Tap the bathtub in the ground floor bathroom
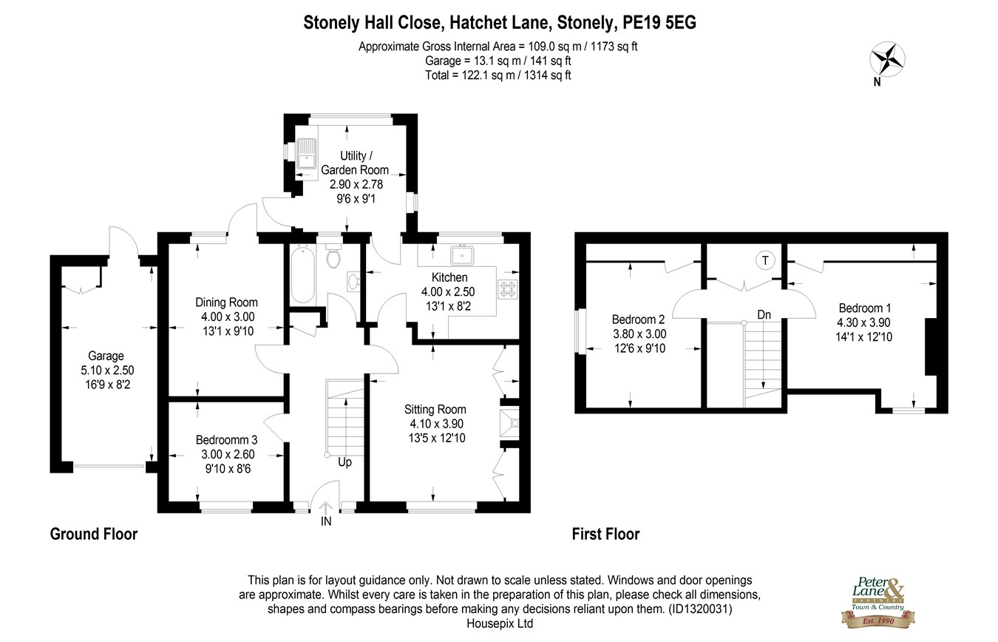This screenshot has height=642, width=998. pos(303,274)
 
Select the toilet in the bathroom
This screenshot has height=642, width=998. pos(333,255)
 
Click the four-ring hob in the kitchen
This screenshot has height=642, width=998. pos(507,289)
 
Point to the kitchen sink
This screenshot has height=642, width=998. pos(462,254)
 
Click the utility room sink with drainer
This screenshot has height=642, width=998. pos(306,153)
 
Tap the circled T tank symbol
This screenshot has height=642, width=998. pos(765,260)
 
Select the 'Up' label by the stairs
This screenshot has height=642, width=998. pos(344,462)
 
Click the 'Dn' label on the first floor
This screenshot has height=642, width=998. pos(764,315)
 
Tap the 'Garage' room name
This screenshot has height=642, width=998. pos(106,356)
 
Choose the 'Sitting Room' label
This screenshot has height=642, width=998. pos(435,409)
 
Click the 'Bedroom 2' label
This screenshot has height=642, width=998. pos(638,320)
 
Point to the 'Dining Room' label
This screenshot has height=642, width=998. pos(226,303)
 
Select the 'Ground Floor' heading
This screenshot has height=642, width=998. pos(94,534)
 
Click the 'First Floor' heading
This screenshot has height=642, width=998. pos(605,534)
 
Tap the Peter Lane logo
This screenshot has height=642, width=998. pos(878,602)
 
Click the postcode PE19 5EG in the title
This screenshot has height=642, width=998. pos(659,22)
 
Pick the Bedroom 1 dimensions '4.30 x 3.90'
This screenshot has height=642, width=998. pos(863,322)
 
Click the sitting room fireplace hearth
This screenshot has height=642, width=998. pos(509,423)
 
